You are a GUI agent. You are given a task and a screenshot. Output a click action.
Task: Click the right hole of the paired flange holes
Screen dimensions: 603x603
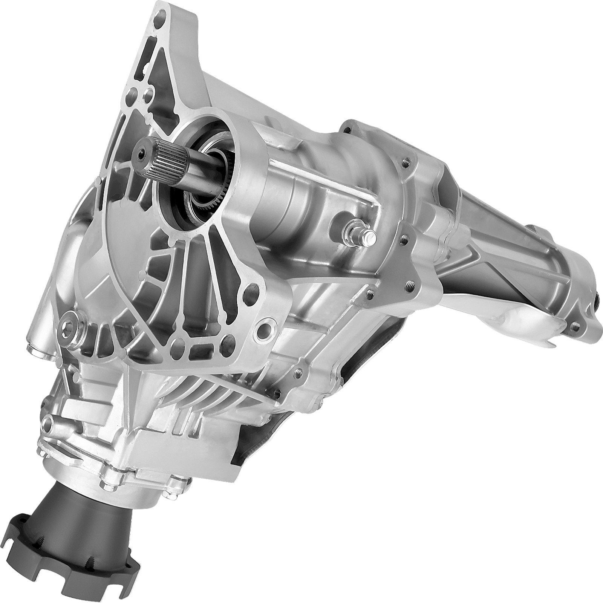(x=148, y=92)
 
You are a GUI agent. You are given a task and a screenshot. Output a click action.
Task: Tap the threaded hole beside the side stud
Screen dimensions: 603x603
(x=404, y=238)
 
